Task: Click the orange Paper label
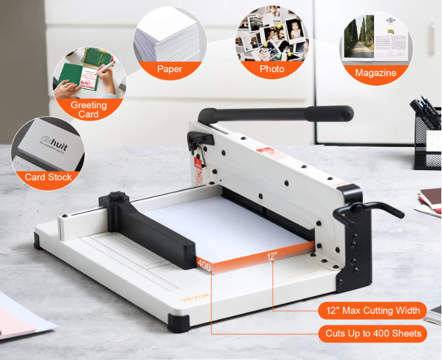170,69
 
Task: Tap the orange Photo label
272,69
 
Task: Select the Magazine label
375,73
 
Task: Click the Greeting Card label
88,109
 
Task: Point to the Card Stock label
48,177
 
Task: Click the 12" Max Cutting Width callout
373,311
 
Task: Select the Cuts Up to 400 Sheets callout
373,334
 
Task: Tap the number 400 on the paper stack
204,266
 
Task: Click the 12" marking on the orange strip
272,256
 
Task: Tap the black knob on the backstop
117,196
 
